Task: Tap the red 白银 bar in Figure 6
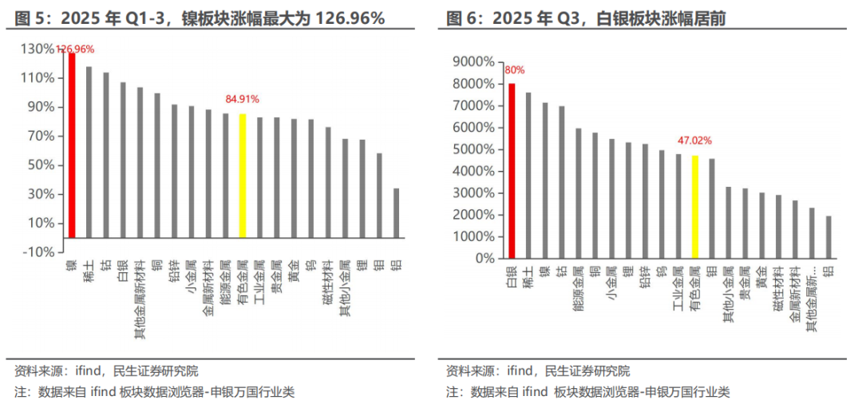[x=512, y=171]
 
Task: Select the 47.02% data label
[x=694, y=141]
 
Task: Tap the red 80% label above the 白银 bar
[x=512, y=69]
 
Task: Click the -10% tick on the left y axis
[x=39, y=252]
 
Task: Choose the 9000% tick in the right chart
[x=473, y=61]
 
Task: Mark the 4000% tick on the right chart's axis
[x=473, y=171]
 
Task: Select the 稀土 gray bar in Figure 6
[x=528, y=176]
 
